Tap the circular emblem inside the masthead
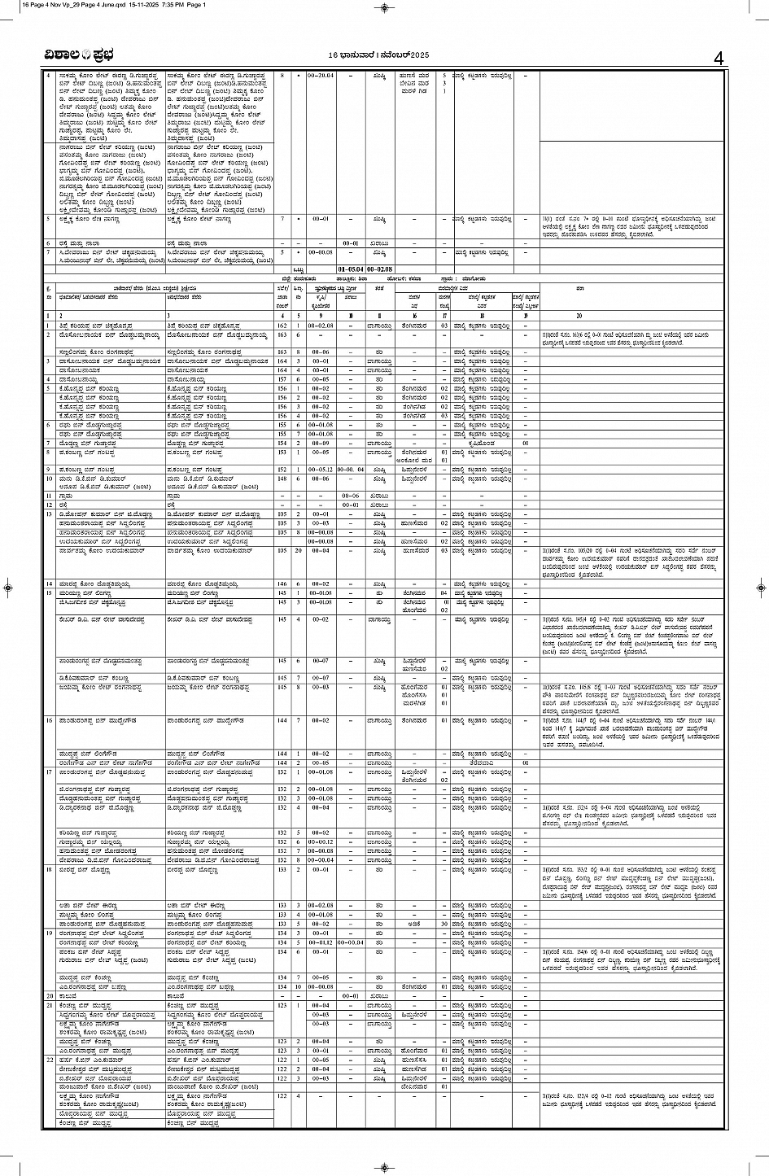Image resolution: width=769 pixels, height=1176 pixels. pyautogui.click(x=86, y=56)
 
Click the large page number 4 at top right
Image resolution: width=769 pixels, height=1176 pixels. pyautogui.click(x=717, y=58)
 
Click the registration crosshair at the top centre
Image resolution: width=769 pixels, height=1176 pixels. pyautogui.click(x=384, y=8)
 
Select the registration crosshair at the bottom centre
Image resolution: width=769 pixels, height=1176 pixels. pyautogui.click(x=384, y=1166)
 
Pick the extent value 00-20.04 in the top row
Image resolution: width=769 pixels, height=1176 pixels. pyautogui.click(x=321, y=76)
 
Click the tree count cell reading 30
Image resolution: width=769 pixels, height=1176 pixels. pyautogui.click(x=446, y=925)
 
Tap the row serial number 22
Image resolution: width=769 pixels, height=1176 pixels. pyautogui.click(x=50, y=1060)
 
